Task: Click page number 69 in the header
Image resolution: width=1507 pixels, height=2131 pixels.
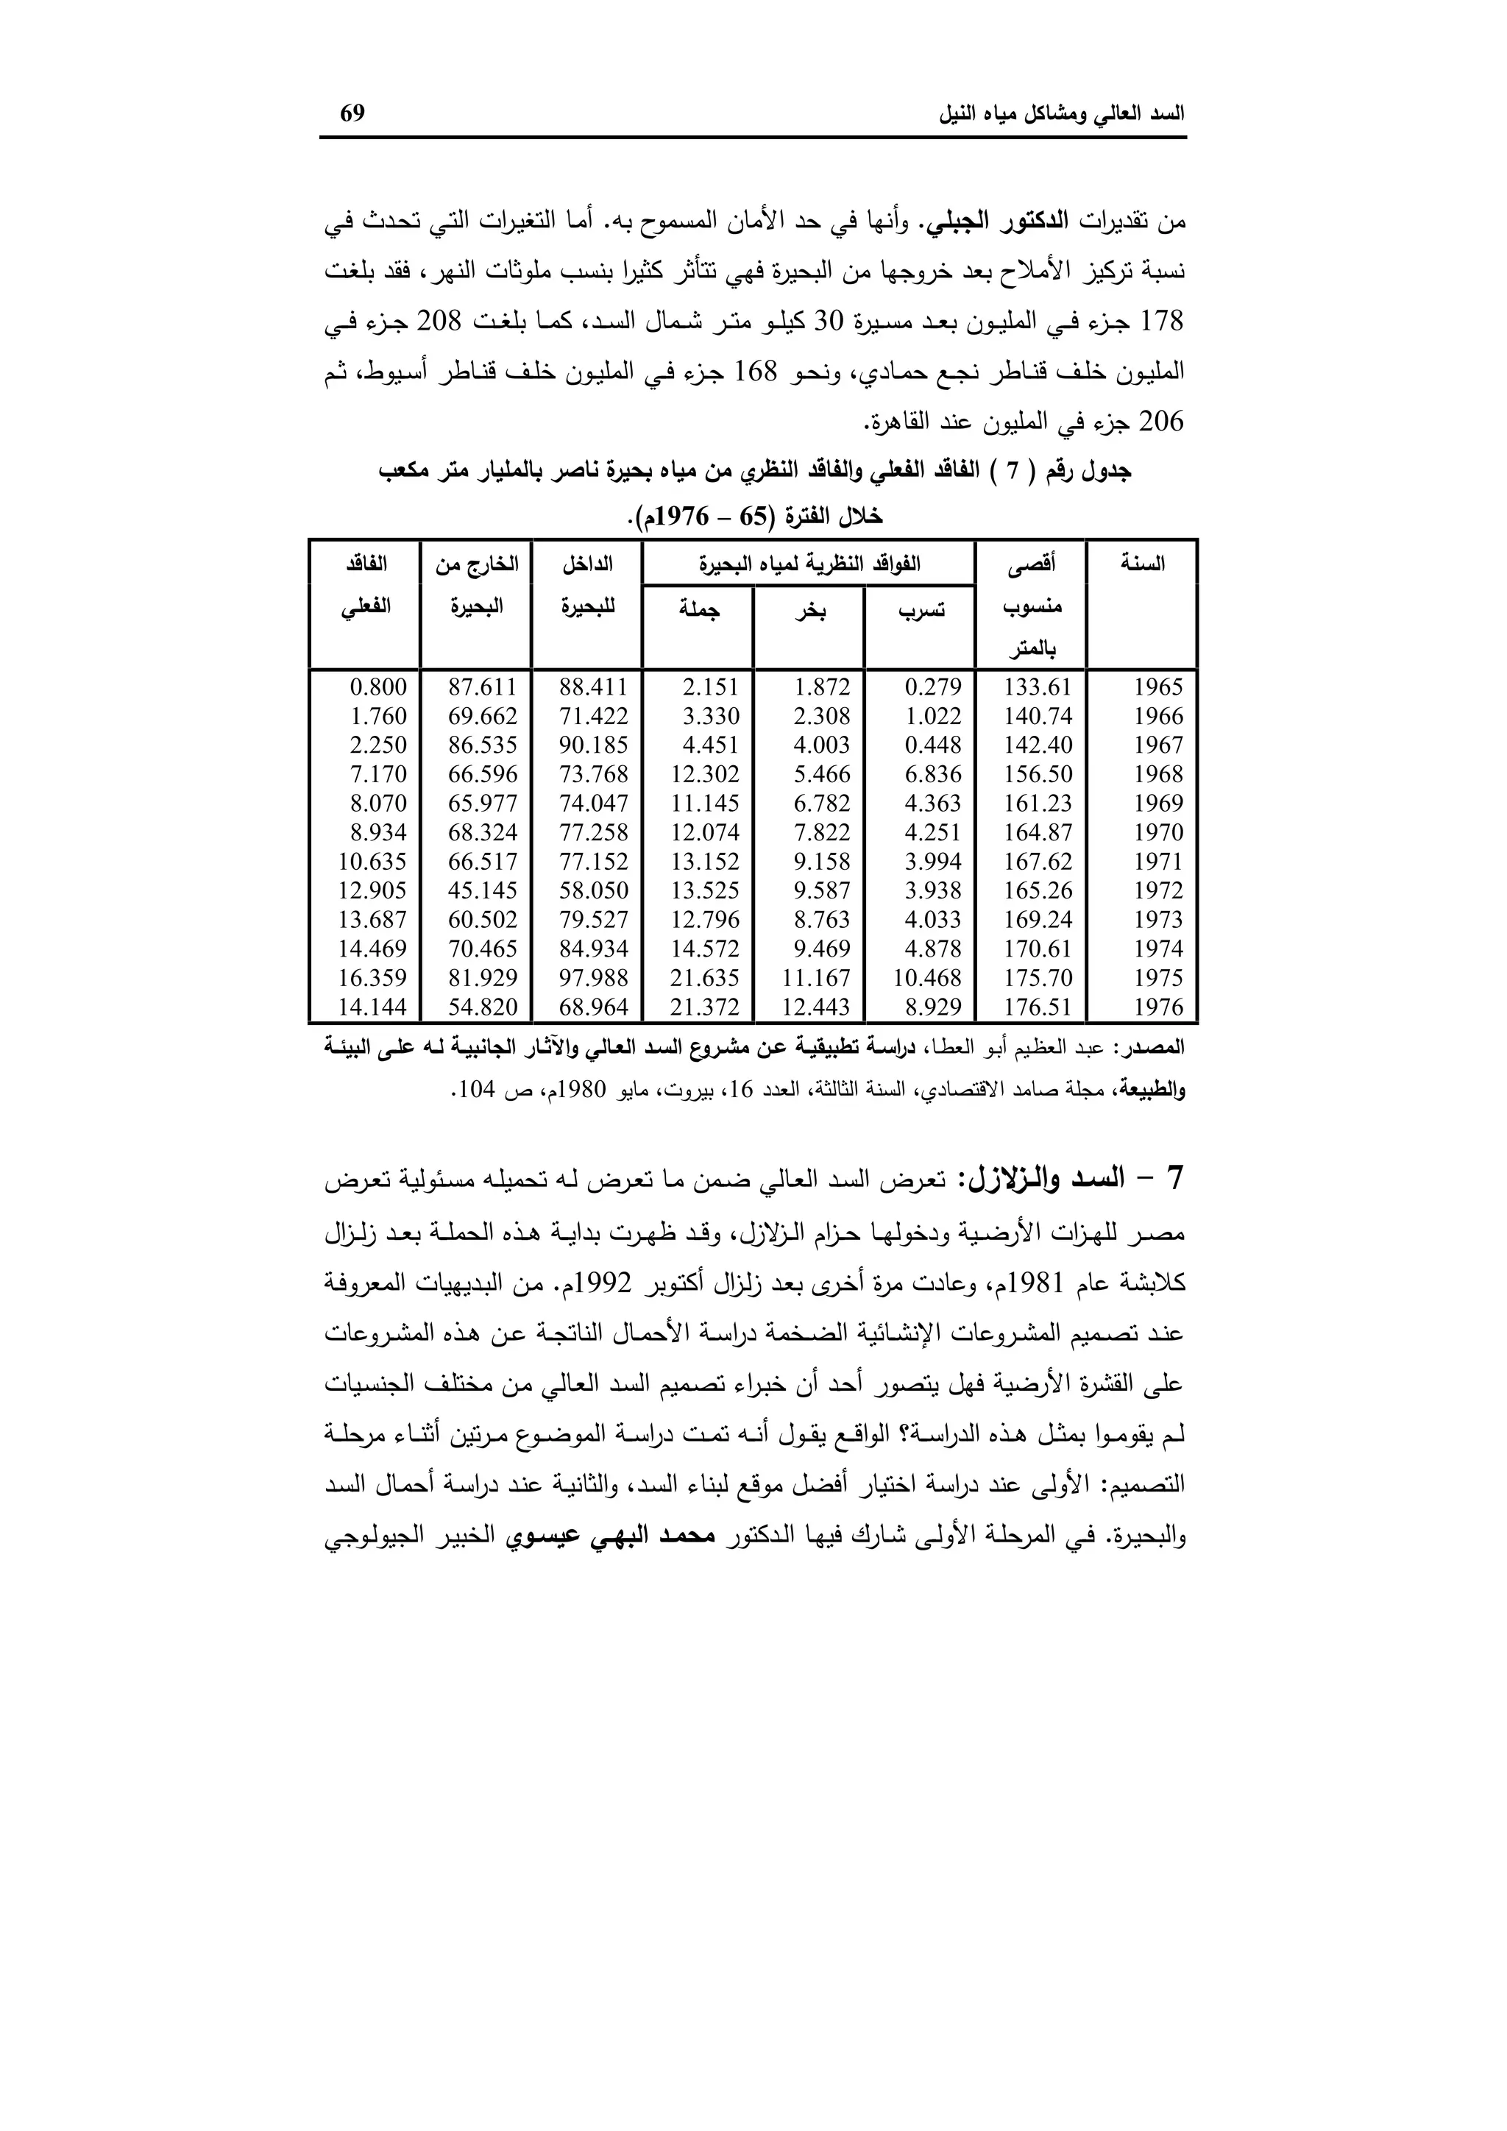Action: point(352,114)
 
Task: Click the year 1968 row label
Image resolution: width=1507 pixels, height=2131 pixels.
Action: point(1158,774)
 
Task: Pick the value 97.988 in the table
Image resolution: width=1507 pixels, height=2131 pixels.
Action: point(593,977)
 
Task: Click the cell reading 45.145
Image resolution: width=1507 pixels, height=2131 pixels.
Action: point(483,890)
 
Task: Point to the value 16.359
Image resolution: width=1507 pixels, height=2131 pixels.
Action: point(372,977)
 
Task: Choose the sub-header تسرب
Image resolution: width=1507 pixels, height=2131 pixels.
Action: point(921,611)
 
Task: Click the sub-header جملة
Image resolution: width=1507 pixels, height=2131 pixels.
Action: point(699,610)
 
